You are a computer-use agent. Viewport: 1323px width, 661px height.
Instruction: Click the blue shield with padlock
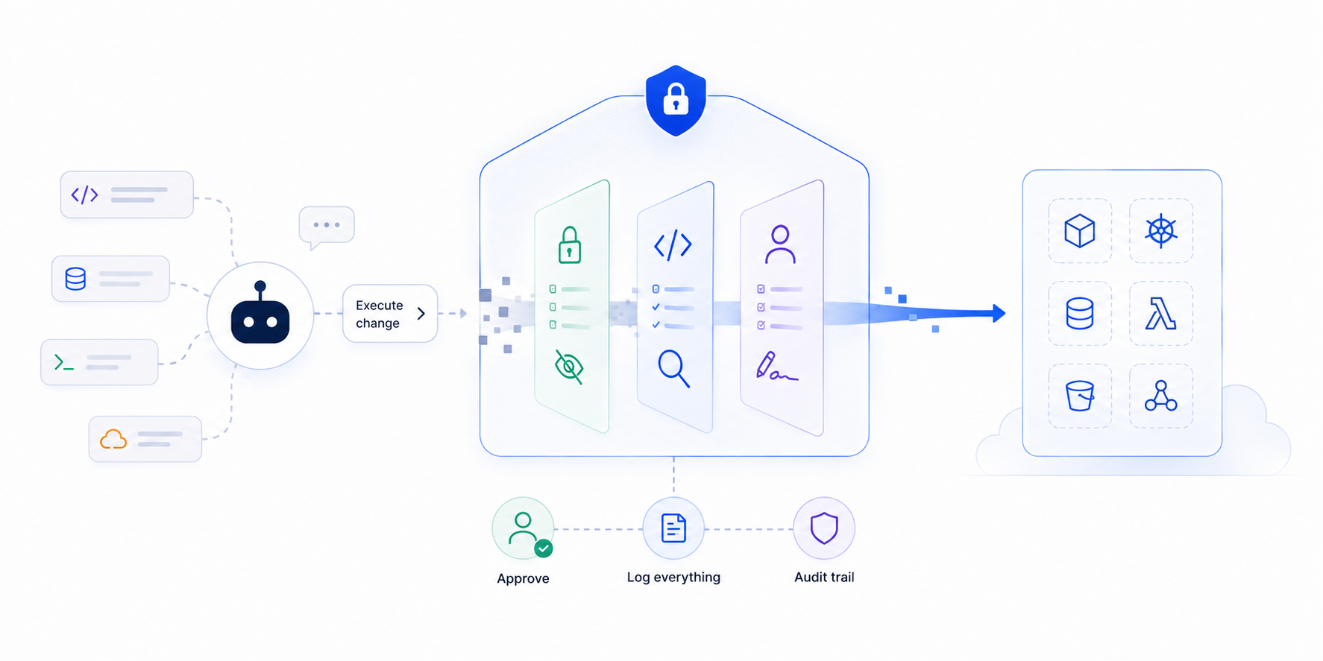(x=676, y=101)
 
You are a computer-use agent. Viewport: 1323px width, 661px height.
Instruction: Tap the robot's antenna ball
(x=260, y=286)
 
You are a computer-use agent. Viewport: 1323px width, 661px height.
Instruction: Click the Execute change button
(x=390, y=314)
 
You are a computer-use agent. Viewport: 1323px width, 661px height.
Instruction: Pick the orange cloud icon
(x=113, y=439)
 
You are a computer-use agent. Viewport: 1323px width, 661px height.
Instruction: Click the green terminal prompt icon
(x=64, y=363)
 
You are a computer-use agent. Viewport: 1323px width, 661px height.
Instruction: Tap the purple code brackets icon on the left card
(x=84, y=194)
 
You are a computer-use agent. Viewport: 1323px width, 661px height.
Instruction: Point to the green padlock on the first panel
(x=570, y=244)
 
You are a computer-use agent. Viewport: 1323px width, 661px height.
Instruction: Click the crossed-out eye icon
(x=569, y=367)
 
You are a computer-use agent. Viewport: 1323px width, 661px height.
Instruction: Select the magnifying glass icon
(x=673, y=368)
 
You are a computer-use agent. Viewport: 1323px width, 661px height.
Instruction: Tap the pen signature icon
(x=776, y=366)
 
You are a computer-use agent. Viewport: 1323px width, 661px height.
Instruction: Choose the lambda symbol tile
(x=1161, y=314)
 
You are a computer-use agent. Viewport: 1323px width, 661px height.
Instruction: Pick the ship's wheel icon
(x=1161, y=231)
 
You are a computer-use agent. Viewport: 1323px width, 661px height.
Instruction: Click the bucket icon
(x=1080, y=396)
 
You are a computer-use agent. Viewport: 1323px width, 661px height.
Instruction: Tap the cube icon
(x=1080, y=231)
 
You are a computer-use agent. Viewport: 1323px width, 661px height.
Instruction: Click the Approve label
(x=523, y=578)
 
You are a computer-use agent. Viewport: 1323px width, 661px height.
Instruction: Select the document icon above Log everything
(x=673, y=528)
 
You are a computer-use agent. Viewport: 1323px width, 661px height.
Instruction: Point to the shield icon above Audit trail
(x=824, y=528)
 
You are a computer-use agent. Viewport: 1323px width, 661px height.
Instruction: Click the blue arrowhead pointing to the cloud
(x=999, y=314)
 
